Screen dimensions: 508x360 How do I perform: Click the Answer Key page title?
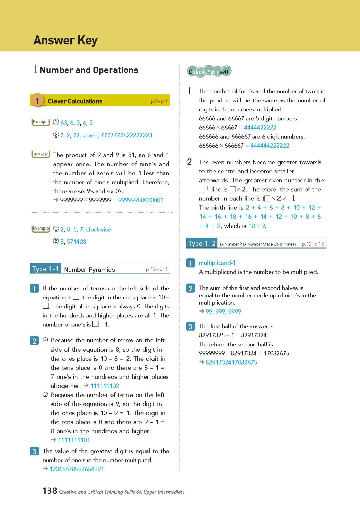[x=65, y=40]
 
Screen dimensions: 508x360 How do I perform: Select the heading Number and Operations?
[x=89, y=70]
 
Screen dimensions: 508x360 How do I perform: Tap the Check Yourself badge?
[x=209, y=71]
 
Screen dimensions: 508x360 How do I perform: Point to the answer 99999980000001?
[x=141, y=200]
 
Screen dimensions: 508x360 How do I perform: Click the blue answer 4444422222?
[x=260, y=127]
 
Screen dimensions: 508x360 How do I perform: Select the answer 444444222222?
[x=270, y=146]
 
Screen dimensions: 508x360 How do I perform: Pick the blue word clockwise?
[x=98, y=229]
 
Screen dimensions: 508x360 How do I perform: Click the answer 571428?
[x=77, y=242]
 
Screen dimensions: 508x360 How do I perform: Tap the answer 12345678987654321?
[x=77, y=469]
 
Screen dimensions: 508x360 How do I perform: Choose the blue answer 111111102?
[x=105, y=386]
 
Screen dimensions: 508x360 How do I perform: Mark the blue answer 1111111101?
[x=74, y=440]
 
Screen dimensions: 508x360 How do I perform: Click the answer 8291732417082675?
[x=231, y=362]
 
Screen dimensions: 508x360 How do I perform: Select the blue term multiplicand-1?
[x=217, y=263]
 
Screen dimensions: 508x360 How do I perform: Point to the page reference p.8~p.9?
[x=159, y=101]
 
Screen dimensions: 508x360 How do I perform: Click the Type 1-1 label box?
[x=46, y=269]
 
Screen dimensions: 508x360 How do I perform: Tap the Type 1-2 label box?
[x=202, y=243]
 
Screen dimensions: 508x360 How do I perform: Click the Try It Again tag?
[x=41, y=154]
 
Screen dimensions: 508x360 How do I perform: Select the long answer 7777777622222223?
[x=126, y=135]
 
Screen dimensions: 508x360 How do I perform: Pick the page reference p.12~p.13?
[x=313, y=244]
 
